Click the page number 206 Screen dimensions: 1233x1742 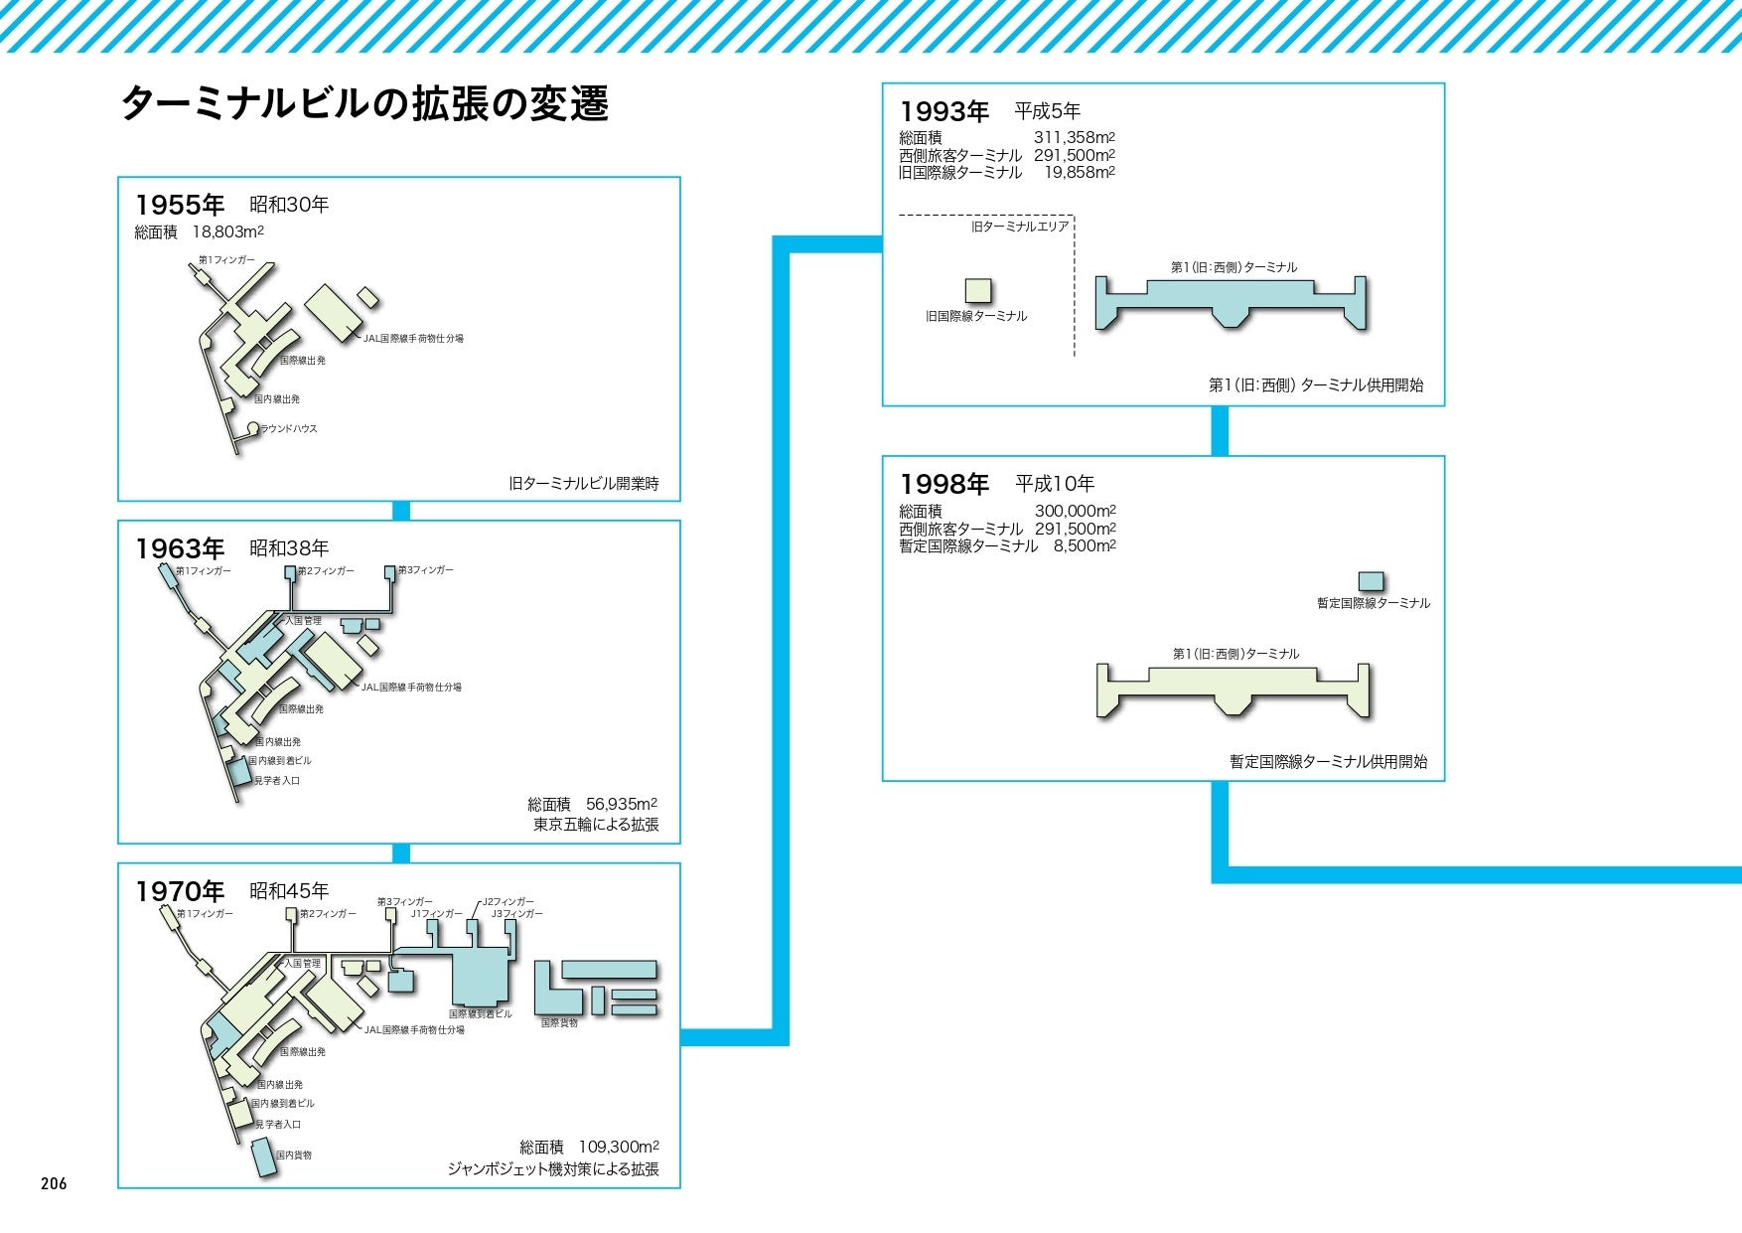[x=54, y=1183]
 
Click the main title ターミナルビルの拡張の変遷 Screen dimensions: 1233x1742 [x=364, y=104]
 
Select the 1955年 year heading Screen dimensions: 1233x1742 [x=180, y=205]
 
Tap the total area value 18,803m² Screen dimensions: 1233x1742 [x=227, y=231]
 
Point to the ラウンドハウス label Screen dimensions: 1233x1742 [x=288, y=429]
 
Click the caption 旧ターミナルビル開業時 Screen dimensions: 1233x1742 [x=583, y=484]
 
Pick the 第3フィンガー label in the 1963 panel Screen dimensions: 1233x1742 [x=425, y=570]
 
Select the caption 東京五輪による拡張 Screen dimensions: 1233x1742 [x=596, y=825]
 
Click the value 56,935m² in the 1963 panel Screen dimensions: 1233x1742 [x=621, y=804]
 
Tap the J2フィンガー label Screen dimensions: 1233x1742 [x=508, y=901]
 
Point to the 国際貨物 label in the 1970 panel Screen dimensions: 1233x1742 [x=559, y=1022]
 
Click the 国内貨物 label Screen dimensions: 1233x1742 [x=294, y=1156]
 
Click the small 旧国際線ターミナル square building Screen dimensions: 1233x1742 [x=978, y=290]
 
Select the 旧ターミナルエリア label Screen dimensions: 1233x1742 [x=1020, y=227]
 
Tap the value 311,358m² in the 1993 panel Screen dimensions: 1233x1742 [x=1074, y=138]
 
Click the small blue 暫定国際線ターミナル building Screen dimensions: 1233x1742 [x=1371, y=581]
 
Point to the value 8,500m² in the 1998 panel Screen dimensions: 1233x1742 [x=1085, y=545]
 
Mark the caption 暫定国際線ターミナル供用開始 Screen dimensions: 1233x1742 [x=1328, y=762]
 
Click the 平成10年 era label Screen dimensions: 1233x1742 [x=1055, y=484]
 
